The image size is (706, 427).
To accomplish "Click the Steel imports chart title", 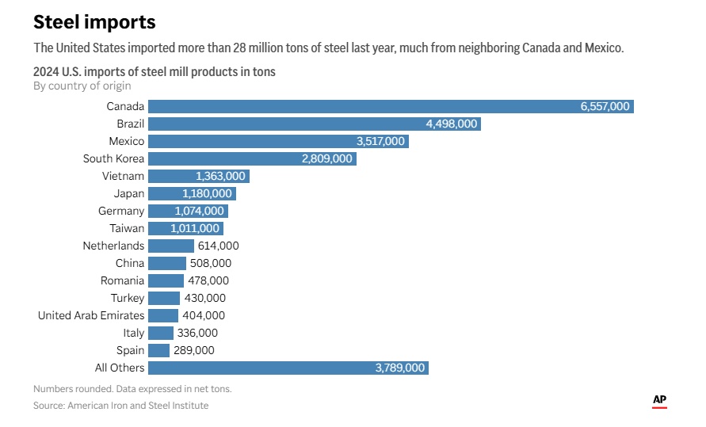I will (x=94, y=21).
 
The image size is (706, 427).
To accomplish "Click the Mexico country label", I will (x=127, y=141).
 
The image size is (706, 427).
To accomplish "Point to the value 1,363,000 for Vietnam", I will (x=220, y=176).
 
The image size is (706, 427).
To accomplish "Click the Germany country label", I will (x=121, y=211).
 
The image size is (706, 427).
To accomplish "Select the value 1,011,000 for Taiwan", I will (x=194, y=228).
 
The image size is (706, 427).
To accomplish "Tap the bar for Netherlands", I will (x=171, y=246).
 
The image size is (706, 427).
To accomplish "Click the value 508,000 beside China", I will (x=211, y=263).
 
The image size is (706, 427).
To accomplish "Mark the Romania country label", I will (x=122, y=280).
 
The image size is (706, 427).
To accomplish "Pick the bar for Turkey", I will (x=164, y=298).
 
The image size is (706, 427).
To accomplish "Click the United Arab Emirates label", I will (x=91, y=315).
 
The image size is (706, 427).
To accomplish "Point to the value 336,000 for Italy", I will (x=197, y=333).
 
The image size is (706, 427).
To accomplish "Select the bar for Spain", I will (x=158, y=350).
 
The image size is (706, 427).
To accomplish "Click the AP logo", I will (x=659, y=401).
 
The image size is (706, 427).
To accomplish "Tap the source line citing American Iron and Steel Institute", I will (x=121, y=406).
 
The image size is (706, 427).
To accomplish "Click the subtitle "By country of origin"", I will (x=82, y=86).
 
